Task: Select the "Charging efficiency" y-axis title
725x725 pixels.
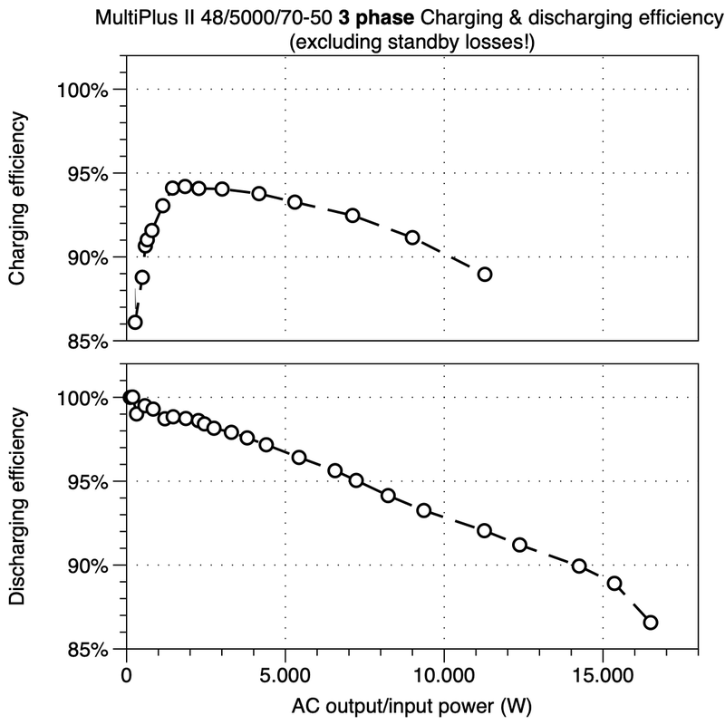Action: (x=17, y=200)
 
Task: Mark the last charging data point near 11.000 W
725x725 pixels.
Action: (x=485, y=275)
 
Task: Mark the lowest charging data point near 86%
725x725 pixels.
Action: (x=135, y=322)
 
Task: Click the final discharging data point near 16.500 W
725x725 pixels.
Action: (x=650, y=622)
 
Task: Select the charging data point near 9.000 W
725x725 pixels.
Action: (x=412, y=237)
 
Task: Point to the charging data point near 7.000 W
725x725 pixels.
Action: (x=353, y=216)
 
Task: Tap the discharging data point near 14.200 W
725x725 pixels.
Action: (x=579, y=566)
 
